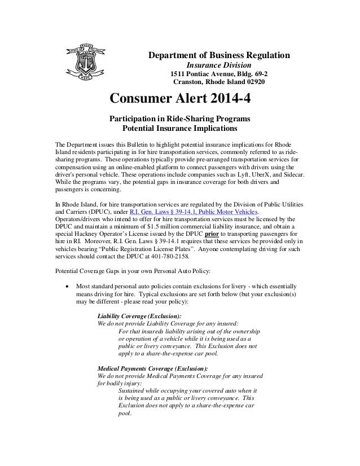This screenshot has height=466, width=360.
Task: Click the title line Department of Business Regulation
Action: tap(219, 55)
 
